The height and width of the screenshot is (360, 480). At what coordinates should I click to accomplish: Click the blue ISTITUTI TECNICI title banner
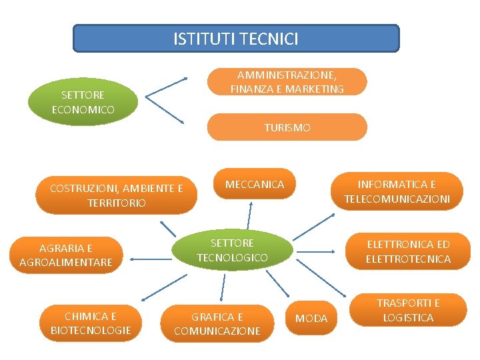click(235, 39)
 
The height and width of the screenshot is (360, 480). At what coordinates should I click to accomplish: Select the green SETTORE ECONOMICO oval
click(83, 102)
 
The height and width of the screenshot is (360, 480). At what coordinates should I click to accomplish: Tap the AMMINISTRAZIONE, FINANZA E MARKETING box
click(287, 81)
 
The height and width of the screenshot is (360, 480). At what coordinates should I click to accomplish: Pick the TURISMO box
click(287, 127)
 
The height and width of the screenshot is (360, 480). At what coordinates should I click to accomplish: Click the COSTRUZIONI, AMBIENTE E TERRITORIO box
click(116, 195)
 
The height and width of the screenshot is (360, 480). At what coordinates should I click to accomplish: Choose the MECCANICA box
click(255, 185)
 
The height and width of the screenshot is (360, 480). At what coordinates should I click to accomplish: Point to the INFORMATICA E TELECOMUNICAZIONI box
click(397, 191)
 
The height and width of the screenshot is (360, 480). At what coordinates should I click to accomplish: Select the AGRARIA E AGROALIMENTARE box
click(66, 255)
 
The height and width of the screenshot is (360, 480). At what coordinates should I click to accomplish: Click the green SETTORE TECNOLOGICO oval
click(232, 250)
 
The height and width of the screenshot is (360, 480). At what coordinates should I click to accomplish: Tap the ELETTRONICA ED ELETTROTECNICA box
click(408, 251)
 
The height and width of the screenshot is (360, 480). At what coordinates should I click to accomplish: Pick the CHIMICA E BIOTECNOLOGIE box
click(91, 323)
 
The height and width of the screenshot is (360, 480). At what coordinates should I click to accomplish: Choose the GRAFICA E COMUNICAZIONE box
click(217, 324)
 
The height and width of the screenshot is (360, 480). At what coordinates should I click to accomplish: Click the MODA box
click(311, 319)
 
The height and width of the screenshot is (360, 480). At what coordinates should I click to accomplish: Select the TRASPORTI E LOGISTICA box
click(408, 310)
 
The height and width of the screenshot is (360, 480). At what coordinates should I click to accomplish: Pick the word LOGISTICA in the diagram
click(408, 317)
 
